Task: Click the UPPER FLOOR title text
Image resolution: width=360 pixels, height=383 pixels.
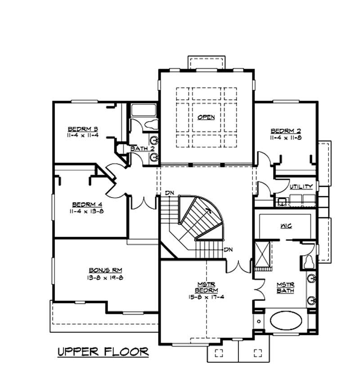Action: tap(103, 351)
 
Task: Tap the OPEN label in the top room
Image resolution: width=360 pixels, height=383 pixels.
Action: tap(206, 117)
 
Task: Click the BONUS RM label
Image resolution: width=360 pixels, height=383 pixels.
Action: tap(105, 270)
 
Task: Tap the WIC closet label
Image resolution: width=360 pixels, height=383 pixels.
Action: tap(286, 225)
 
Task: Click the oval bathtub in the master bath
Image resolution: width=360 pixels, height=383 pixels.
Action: tap(286, 322)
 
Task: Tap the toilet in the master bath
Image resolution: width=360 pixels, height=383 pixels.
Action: tap(309, 261)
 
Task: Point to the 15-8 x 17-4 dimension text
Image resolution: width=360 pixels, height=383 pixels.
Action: tap(207, 297)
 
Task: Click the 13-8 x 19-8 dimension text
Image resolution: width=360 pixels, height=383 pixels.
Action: tap(105, 278)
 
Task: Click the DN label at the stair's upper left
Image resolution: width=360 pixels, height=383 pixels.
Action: tap(169, 193)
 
